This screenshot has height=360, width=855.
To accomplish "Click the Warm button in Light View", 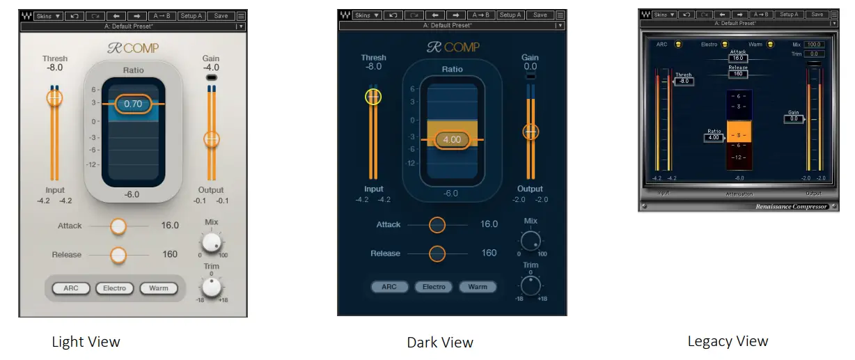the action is (x=158, y=288).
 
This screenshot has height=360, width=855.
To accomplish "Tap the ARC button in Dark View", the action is (x=389, y=287).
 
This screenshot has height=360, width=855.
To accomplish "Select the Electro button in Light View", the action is (x=114, y=288).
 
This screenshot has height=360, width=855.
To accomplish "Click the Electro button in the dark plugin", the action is (x=434, y=287).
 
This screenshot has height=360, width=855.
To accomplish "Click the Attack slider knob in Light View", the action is (x=118, y=226).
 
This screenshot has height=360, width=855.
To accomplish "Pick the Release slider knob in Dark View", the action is (x=437, y=253).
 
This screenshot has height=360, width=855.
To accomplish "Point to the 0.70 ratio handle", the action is (x=133, y=104).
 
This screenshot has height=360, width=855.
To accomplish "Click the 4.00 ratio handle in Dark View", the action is (x=452, y=139).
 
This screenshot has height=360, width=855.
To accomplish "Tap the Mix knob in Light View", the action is (x=212, y=243).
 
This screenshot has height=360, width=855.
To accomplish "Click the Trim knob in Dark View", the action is (x=531, y=285).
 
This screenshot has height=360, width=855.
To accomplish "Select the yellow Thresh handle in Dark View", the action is (x=373, y=97).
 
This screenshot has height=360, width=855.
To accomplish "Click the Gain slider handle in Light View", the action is (x=212, y=139).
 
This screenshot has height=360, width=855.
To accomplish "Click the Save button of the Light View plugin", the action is (x=221, y=15).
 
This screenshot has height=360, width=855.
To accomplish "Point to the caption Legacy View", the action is (x=728, y=341).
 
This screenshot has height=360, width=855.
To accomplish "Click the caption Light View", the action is (x=86, y=342).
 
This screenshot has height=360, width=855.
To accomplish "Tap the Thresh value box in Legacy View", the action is (x=684, y=81).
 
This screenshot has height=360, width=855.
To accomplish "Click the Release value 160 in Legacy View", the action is (x=738, y=74).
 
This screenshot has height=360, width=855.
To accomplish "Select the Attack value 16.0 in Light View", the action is (x=169, y=226).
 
